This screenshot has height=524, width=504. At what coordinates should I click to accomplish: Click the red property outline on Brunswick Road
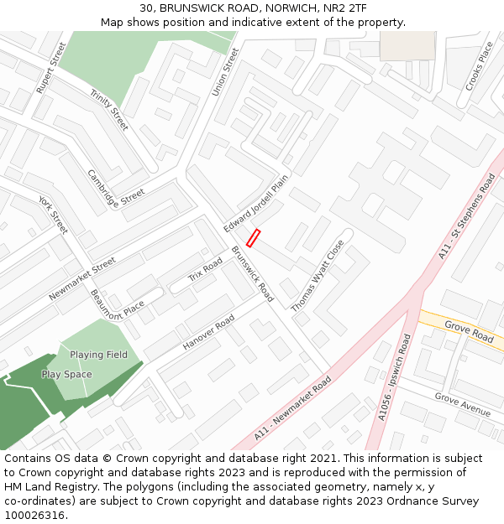[253, 238]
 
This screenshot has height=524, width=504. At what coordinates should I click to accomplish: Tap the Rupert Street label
[50, 67]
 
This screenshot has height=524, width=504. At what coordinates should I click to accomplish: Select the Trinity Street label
[109, 110]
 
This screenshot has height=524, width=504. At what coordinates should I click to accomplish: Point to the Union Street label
[225, 71]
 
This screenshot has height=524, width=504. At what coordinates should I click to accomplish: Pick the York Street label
[52, 215]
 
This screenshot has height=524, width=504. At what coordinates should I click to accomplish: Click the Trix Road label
[205, 270]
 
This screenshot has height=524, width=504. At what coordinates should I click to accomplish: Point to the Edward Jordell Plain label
[256, 204]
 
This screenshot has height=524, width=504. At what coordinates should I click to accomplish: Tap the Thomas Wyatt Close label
[318, 277]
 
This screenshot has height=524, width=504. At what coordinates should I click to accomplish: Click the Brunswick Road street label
[253, 274]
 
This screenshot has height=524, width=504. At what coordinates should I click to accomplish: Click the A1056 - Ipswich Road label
[394, 377]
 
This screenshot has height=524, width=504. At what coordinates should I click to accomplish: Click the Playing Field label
[98, 355]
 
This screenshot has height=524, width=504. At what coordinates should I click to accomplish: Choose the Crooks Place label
[480, 65]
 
